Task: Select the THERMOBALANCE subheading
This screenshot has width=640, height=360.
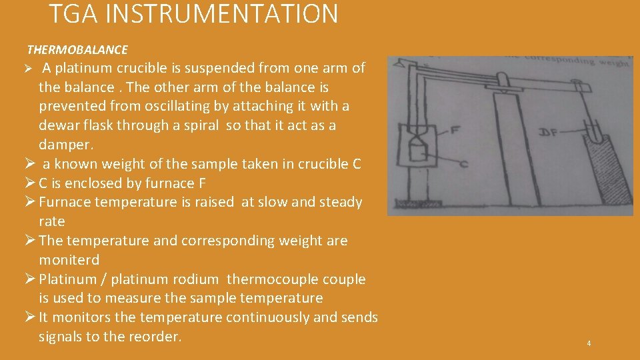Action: [77, 50]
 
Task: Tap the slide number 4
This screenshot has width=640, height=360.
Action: [589, 343]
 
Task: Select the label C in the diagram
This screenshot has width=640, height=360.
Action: [463, 164]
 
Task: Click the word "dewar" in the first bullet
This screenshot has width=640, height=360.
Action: [60, 125]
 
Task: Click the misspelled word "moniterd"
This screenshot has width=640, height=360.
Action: [69, 259]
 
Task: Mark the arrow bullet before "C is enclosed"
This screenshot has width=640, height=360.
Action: [31, 183]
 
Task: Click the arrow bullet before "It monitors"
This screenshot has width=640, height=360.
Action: [31, 317]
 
